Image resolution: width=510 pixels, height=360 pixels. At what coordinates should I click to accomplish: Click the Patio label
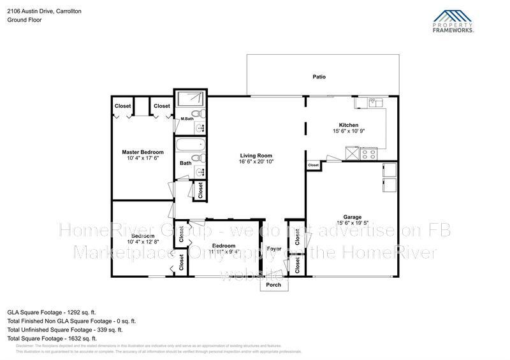[x=319, y=76]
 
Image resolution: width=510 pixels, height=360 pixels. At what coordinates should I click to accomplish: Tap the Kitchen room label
[x=348, y=125]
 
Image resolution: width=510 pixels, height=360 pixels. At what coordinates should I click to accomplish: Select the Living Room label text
[x=256, y=155]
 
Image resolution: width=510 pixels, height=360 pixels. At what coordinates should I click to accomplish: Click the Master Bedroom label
[x=143, y=152]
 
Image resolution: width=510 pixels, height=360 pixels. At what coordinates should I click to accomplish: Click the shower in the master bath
[x=191, y=99]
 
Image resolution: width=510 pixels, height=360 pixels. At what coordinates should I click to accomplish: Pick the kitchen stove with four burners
[x=368, y=153]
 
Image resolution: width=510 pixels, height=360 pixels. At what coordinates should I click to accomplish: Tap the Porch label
[x=273, y=285]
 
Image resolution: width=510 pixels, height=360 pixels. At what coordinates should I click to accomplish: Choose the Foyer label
[x=274, y=248]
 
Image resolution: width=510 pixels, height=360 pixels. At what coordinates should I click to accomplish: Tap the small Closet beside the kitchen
[x=313, y=165]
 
